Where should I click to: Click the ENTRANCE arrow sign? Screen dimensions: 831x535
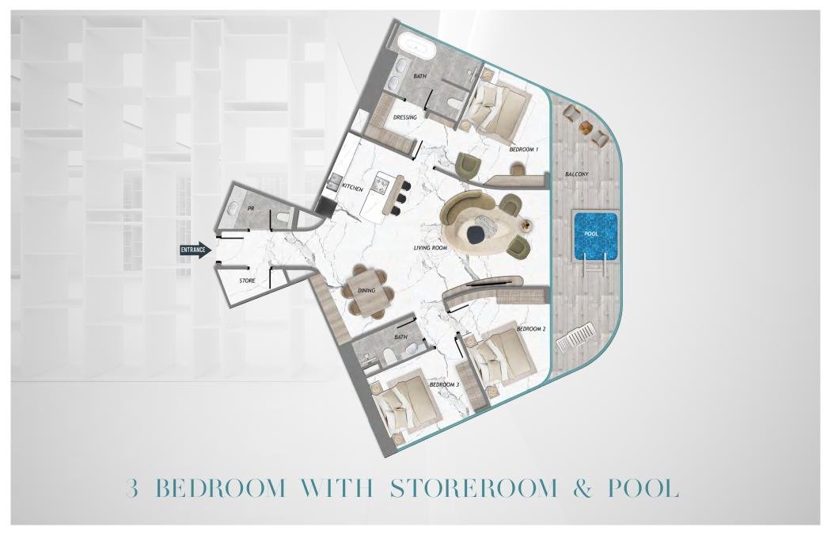(195, 250)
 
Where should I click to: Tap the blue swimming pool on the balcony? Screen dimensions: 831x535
(594, 236)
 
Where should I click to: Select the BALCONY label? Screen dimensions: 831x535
(577, 174)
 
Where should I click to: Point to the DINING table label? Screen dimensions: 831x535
(366, 290)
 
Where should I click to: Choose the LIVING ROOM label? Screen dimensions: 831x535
(431, 248)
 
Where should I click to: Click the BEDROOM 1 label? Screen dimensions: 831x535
(524, 150)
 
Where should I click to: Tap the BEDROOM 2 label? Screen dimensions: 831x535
(531, 329)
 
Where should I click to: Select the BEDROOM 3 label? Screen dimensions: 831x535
(444, 384)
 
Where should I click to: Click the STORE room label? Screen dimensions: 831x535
(247, 281)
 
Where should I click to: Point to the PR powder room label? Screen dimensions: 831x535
(251, 209)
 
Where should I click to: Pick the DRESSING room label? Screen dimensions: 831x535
(405, 117)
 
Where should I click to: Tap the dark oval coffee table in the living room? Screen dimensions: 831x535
(475, 231)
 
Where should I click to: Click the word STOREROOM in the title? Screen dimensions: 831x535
(474, 487)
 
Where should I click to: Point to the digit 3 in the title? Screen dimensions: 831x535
(132, 488)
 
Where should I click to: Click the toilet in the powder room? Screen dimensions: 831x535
(282, 216)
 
